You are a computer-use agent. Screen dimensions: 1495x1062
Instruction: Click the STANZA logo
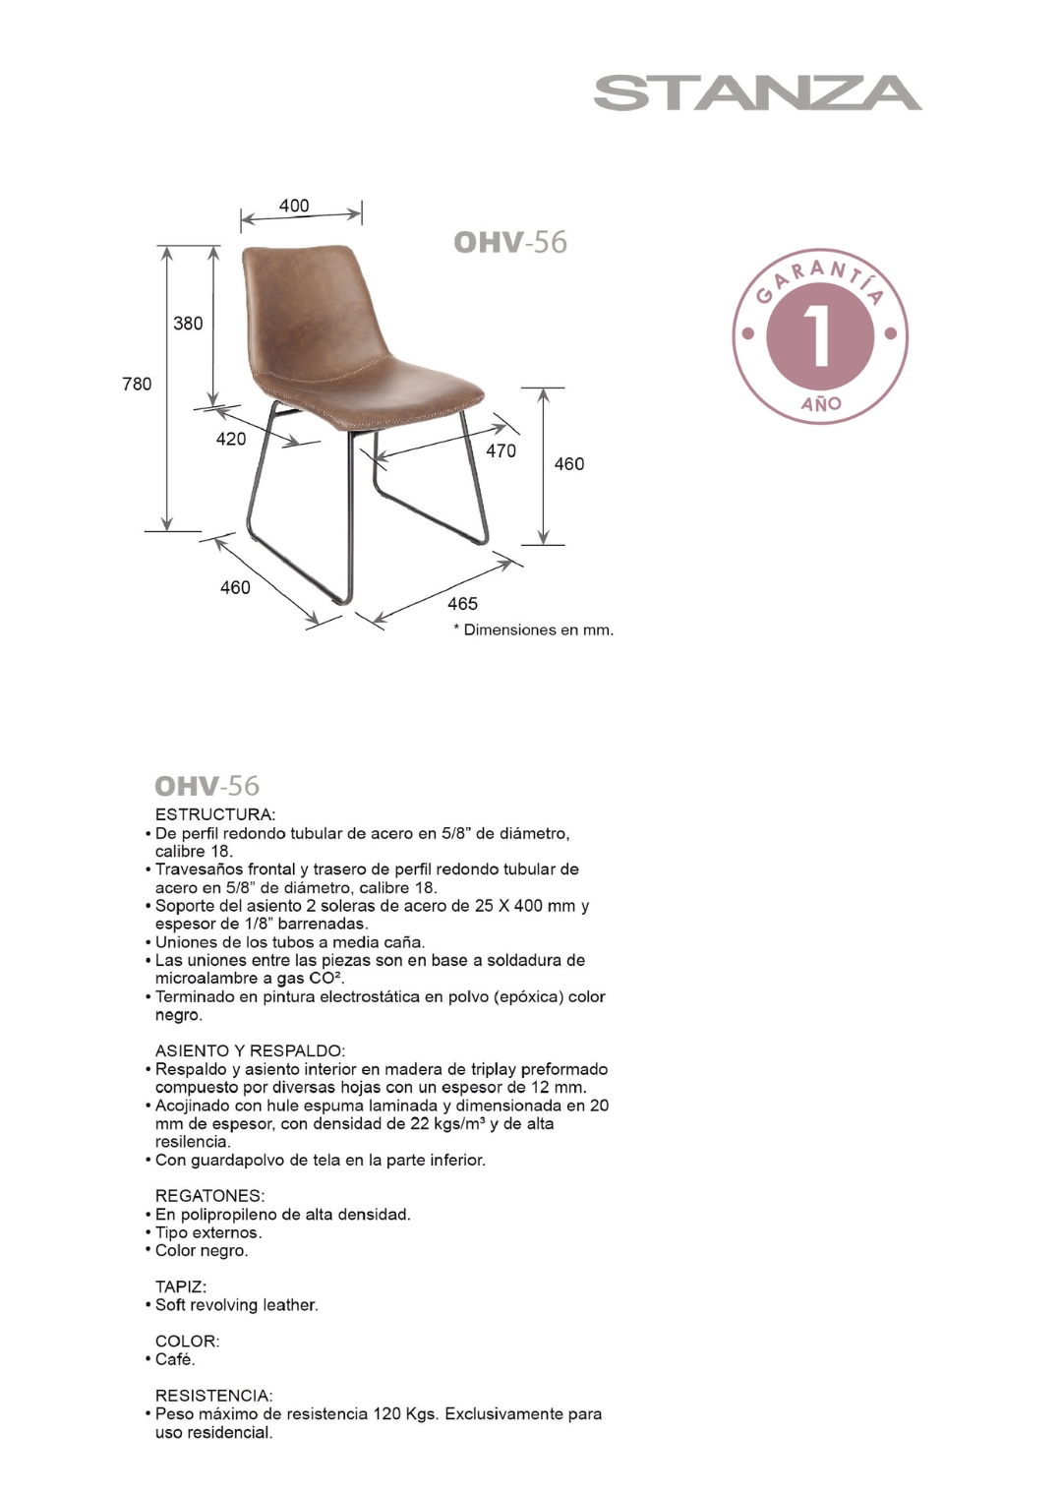(x=757, y=92)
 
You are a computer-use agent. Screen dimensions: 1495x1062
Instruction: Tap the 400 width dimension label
(x=294, y=206)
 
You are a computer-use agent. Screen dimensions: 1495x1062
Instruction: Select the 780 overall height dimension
(x=137, y=384)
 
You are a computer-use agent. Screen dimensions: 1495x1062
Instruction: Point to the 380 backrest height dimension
(x=188, y=323)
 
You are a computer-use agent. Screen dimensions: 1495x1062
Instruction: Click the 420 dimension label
(x=231, y=439)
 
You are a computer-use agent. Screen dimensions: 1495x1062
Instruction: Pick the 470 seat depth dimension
(x=501, y=450)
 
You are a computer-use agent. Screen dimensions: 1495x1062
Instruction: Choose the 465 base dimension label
(x=462, y=603)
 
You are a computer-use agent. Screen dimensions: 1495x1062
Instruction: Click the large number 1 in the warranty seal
(x=819, y=337)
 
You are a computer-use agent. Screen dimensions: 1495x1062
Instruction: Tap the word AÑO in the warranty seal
(x=820, y=403)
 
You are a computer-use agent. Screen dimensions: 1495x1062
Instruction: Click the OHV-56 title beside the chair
(x=509, y=242)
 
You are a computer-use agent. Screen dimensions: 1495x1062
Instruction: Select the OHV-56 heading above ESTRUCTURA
(x=206, y=785)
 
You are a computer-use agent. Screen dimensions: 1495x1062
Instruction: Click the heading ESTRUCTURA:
(x=215, y=814)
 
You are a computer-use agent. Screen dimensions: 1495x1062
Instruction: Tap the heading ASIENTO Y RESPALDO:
(x=250, y=1050)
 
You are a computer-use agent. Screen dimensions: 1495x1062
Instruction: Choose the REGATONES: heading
(x=209, y=1196)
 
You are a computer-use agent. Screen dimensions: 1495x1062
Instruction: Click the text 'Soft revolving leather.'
(x=236, y=1305)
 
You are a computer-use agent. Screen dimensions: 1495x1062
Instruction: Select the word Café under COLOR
(x=175, y=1359)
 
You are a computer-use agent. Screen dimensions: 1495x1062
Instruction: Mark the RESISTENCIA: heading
(x=213, y=1396)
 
